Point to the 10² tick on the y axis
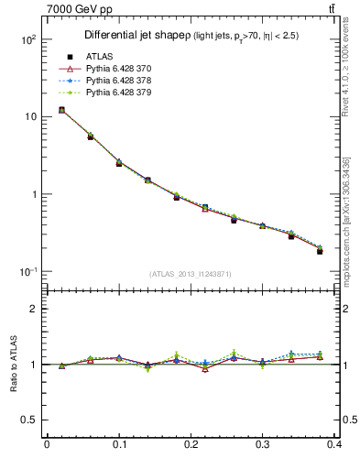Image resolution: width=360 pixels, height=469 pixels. [28, 40]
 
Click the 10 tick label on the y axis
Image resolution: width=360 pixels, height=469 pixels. [30, 117]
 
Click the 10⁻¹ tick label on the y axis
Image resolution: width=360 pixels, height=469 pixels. [28, 272]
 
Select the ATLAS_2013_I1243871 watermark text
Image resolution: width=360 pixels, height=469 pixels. [191, 275]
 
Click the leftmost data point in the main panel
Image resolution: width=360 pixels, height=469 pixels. [61, 110]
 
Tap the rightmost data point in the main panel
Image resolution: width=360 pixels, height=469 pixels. [320, 250]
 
